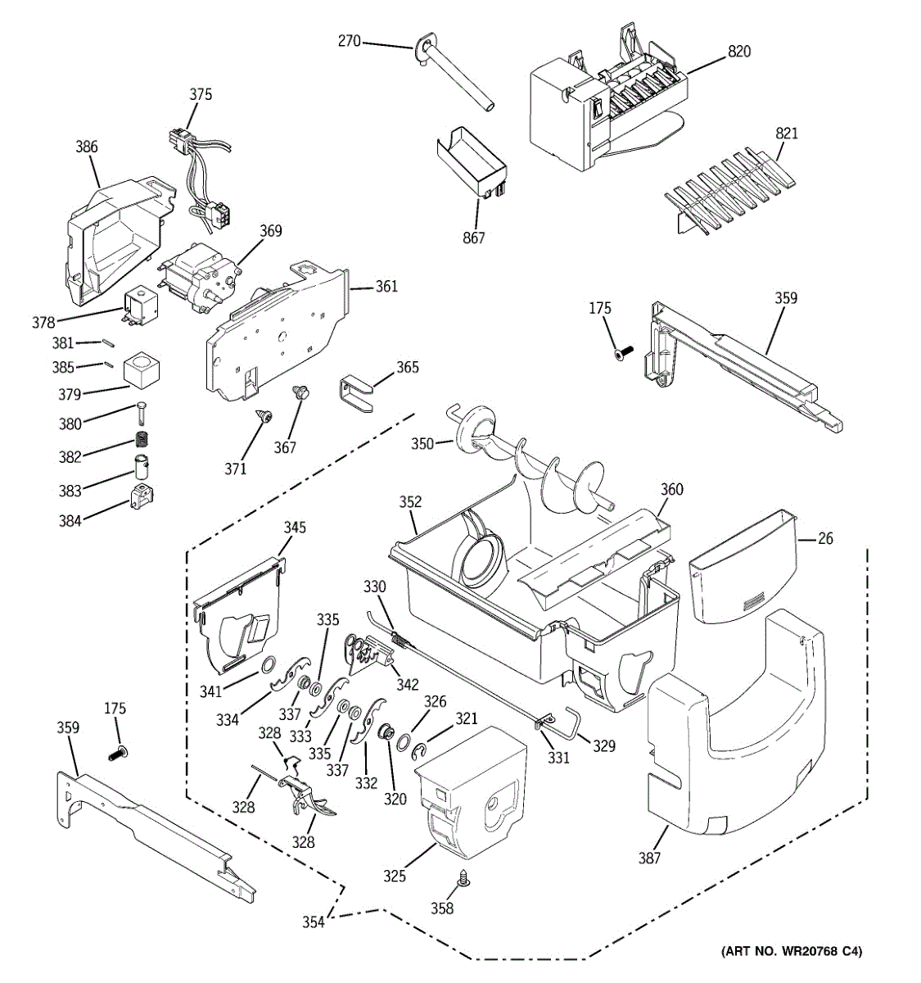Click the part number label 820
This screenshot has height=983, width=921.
(x=739, y=51)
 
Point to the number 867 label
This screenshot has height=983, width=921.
(x=474, y=238)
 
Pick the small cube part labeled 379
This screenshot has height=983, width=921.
(x=141, y=369)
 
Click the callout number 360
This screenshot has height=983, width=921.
(x=671, y=489)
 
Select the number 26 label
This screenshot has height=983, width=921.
(x=825, y=538)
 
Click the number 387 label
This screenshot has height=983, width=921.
(x=649, y=858)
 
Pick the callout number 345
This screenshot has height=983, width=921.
(x=295, y=528)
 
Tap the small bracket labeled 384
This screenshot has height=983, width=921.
(x=142, y=496)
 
